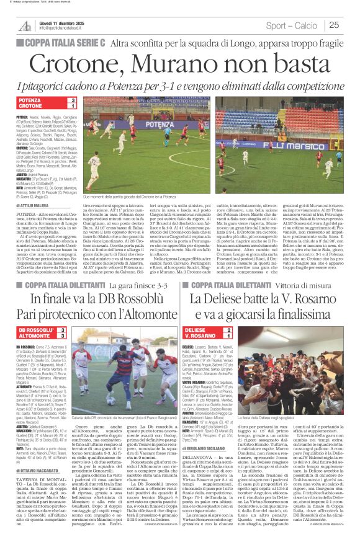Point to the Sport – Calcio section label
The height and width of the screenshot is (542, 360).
pos(292,25)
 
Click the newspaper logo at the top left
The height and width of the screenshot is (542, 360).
pos(25,25)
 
